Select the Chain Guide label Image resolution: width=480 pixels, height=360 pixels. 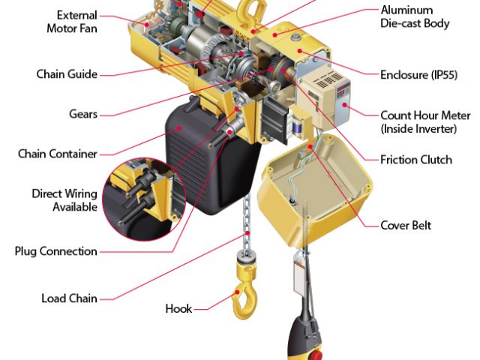pos(66,74)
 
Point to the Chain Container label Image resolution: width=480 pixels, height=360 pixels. pos(58,154)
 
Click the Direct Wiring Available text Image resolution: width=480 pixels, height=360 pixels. pos(64,200)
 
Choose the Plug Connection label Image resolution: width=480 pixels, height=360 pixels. pos(55,251)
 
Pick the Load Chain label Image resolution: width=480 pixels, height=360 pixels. pos(69,298)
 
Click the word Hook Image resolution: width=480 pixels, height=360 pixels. pos(178,308)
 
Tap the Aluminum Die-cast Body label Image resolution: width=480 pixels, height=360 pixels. pos(415,16)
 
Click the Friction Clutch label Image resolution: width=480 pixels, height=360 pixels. pos(416,160)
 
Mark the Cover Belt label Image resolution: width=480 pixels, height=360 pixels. pos(406,225)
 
